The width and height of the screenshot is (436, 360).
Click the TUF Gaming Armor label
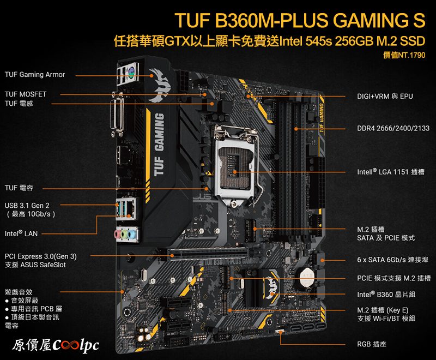point(35,75)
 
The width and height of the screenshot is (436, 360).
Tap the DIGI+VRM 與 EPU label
point(385,96)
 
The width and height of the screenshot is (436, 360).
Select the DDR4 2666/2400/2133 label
point(393,128)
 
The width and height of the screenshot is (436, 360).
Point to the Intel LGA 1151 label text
point(391,172)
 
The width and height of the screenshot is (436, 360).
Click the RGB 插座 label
point(372,344)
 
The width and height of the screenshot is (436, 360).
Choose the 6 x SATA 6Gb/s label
point(392,260)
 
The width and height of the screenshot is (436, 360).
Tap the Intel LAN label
point(21,233)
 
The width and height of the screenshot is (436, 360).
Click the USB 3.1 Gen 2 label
point(27,206)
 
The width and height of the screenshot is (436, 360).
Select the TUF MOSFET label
point(26,94)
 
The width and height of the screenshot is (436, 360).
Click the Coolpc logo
point(56,345)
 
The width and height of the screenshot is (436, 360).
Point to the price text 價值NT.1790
point(404,55)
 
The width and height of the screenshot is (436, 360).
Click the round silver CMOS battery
point(307,277)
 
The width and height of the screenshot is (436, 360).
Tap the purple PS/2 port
point(131,72)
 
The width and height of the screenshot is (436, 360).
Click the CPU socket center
point(236,166)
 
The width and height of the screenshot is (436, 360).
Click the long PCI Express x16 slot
point(208,254)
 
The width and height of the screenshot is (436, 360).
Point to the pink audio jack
point(117,233)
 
